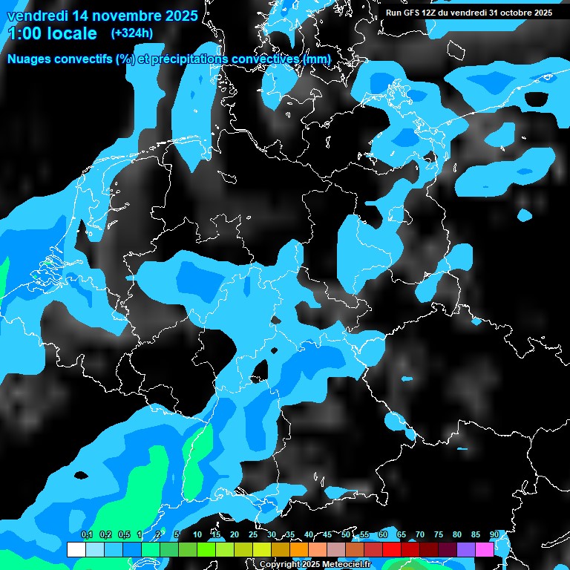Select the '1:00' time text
pos(25,33)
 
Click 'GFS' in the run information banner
pos(410,13)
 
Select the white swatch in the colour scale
pos(76,549)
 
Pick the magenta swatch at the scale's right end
pos(485,549)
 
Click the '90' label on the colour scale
pos(495,535)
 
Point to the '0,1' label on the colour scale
pos(87,535)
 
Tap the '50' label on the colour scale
pos(346,535)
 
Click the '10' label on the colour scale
pos(197,535)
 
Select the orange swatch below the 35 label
pos(299,549)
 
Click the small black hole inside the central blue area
pos(261,370)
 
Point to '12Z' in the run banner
pos(428,13)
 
